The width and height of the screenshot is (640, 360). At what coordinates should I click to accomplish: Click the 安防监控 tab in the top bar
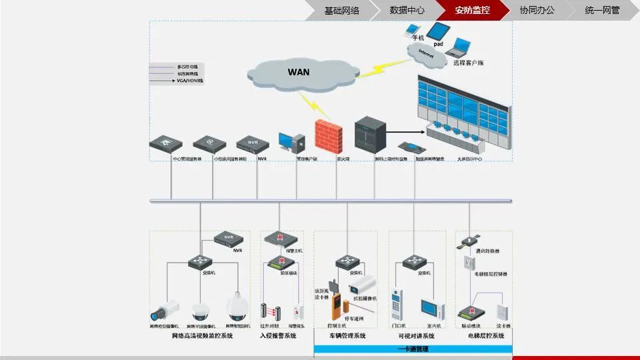472,10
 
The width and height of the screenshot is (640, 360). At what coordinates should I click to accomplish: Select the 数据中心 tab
407,10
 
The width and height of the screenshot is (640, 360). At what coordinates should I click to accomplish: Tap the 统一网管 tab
601,10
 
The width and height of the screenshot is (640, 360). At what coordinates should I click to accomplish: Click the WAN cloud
298,71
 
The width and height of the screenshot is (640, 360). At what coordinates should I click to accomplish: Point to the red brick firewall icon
328,137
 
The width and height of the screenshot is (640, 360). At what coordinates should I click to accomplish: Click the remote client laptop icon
459,47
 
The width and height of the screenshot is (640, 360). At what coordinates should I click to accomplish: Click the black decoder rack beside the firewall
367,136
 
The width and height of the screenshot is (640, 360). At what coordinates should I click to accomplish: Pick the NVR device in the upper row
251,143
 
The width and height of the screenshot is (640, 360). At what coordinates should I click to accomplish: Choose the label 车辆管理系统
347,336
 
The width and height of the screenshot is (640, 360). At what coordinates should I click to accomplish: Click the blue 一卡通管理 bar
413,349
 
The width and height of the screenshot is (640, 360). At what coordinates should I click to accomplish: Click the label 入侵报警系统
277,336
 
